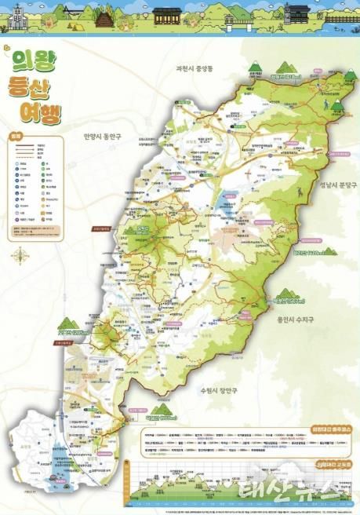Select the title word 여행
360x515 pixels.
[x=38, y=112]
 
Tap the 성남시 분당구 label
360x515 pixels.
[x=334, y=184]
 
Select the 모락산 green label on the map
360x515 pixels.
[x=143, y=230]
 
